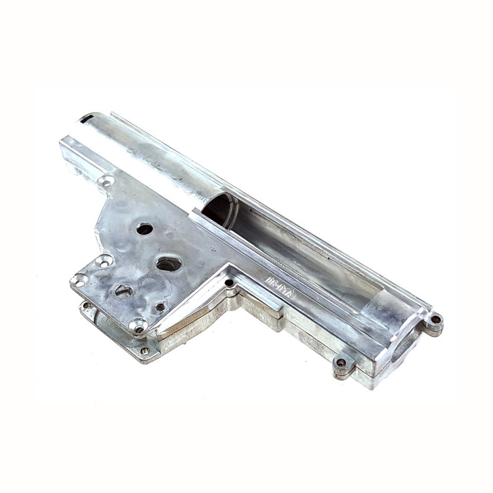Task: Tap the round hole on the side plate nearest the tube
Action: pos(144,228)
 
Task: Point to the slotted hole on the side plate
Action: pos(123,289)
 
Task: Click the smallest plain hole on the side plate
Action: pos(160,306)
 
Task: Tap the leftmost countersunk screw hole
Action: pos(80,280)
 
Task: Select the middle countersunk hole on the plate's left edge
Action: pos(103,260)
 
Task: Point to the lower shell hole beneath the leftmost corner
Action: pos(86,305)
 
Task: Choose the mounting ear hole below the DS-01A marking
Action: pos(341,363)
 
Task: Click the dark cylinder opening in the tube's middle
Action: pos(219,209)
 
